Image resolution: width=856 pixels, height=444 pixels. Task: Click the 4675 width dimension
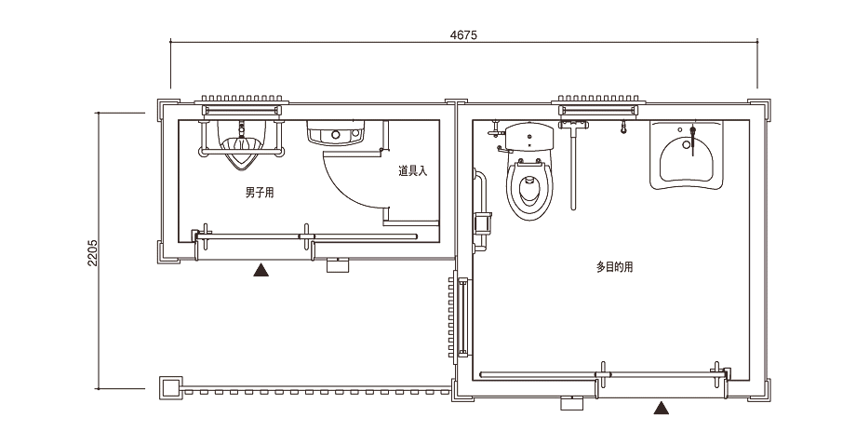tap(463, 35)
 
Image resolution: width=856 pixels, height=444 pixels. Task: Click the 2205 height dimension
tap(92, 252)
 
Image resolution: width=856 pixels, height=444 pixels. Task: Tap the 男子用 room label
tap(260, 193)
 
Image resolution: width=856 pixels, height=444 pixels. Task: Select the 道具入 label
tap(413, 171)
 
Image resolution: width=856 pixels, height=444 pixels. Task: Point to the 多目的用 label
tap(615, 267)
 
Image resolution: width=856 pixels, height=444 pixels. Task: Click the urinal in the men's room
tap(241, 144)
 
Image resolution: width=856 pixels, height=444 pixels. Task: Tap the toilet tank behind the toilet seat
tap(529, 137)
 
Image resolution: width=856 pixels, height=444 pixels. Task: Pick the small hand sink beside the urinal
tap(335, 133)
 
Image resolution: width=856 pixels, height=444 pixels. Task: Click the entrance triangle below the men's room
tap(261, 270)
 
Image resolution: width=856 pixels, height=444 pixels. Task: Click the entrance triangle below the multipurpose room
tap(662, 408)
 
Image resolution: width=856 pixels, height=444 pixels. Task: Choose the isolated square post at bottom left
tap(171, 388)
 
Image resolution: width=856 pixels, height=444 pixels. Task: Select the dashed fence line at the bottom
tap(317, 392)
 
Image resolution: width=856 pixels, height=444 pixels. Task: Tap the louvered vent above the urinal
tap(241, 99)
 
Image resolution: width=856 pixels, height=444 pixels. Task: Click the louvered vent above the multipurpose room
tap(598, 99)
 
